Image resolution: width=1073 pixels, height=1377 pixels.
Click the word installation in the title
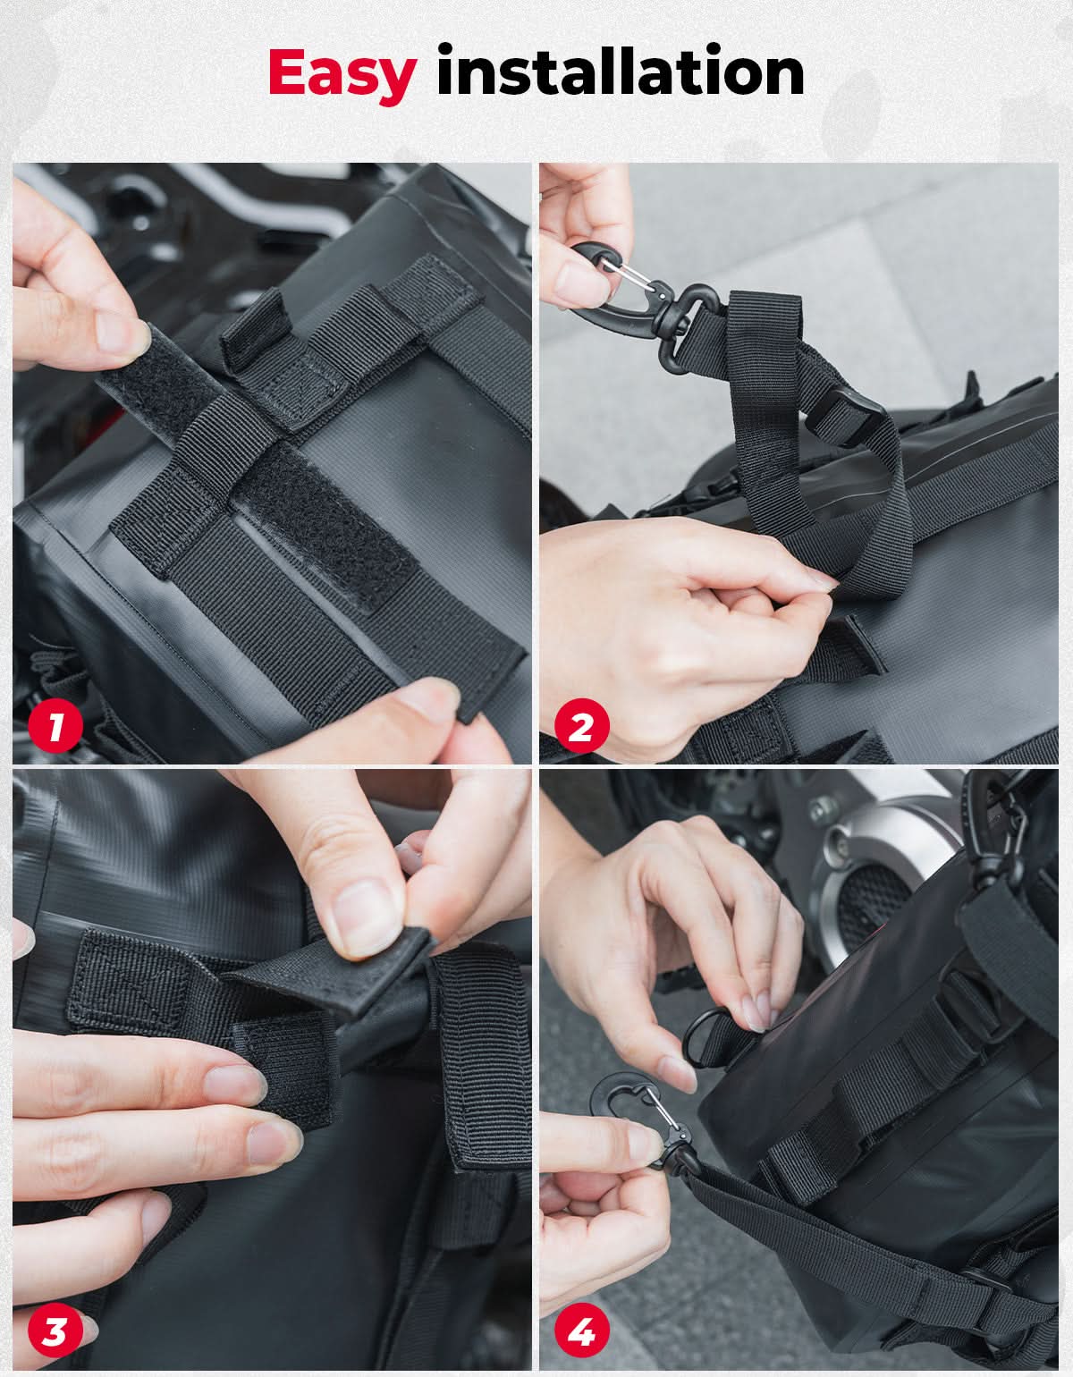(621, 71)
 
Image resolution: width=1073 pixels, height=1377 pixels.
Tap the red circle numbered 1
(55, 725)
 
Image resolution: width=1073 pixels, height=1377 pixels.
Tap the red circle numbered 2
(581, 725)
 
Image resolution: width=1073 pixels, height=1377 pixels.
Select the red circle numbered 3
(55, 1331)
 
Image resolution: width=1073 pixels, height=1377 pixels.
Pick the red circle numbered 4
(581, 1331)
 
